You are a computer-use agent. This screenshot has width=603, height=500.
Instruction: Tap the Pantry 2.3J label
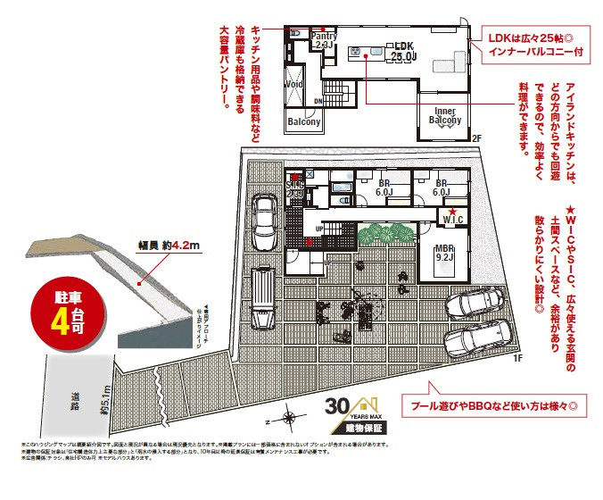(324, 39)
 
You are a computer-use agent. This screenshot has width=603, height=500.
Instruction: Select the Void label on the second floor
(293, 85)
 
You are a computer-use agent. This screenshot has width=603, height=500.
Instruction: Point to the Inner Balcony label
(445, 116)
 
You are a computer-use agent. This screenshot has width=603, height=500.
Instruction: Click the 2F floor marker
(476, 138)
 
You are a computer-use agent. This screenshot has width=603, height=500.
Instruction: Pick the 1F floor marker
(516, 358)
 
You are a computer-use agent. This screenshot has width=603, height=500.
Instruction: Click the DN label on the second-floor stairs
(318, 102)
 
